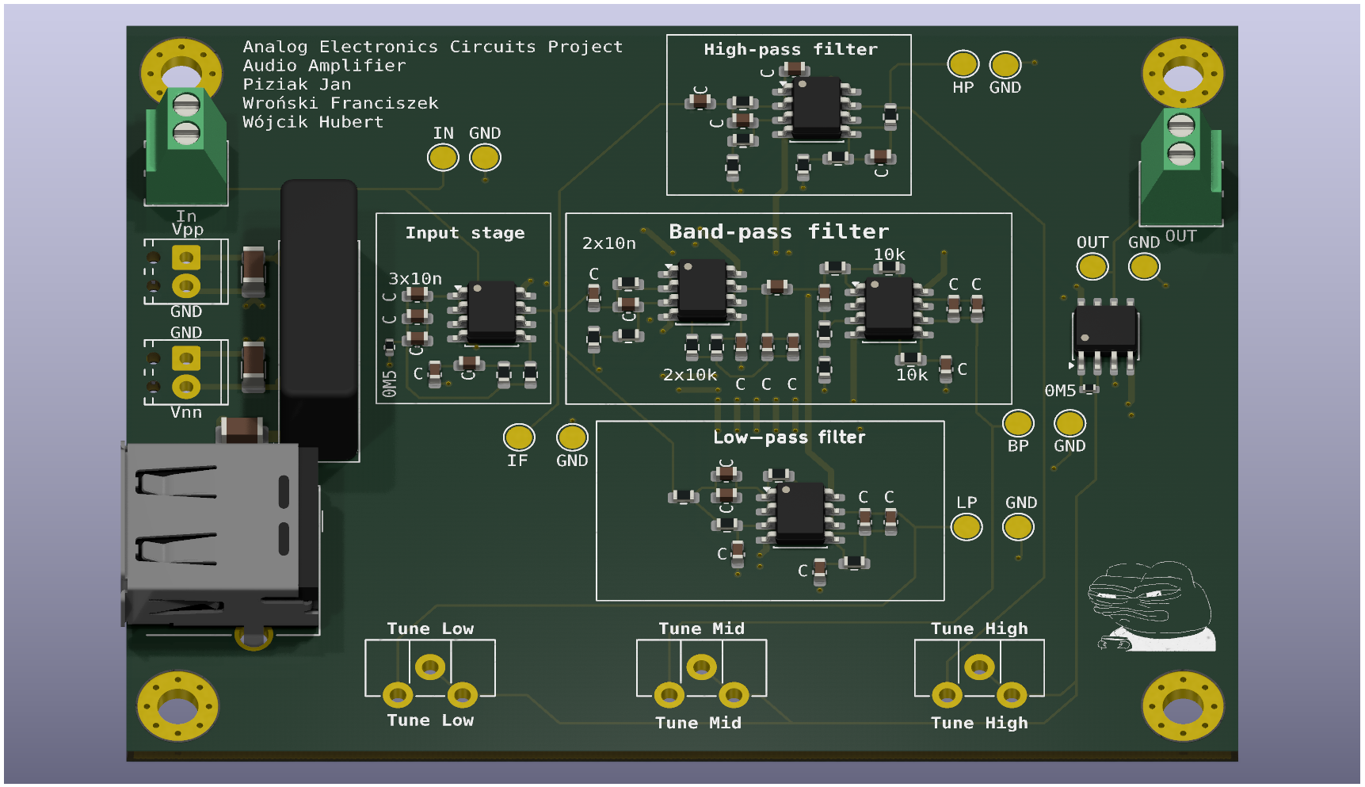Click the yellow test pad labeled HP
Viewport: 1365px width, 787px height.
pos(963,64)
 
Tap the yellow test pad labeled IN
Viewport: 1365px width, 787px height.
pos(443,158)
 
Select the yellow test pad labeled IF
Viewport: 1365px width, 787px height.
pos(519,437)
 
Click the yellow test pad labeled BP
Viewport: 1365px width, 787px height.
pos(1018,423)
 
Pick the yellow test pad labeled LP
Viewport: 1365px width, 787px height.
pos(967,527)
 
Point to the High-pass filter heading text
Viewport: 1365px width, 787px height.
pos(790,49)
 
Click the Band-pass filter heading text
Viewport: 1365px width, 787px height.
pos(778,231)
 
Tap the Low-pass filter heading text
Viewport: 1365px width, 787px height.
pos(788,437)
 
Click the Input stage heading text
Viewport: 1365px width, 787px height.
pos(464,233)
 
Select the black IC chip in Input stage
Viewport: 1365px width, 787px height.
pos(492,311)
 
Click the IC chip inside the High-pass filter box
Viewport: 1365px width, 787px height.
pos(817,107)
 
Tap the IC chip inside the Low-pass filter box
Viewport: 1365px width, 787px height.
pos(800,514)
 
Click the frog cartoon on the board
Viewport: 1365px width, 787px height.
pos(1153,606)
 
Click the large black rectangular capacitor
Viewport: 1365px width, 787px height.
pos(318,317)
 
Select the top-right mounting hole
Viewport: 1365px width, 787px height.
pos(1182,74)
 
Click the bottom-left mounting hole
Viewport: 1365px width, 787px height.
pos(178,705)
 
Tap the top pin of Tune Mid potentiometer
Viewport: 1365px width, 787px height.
pos(701,667)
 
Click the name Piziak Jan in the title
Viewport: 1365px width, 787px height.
pos(296,84)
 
